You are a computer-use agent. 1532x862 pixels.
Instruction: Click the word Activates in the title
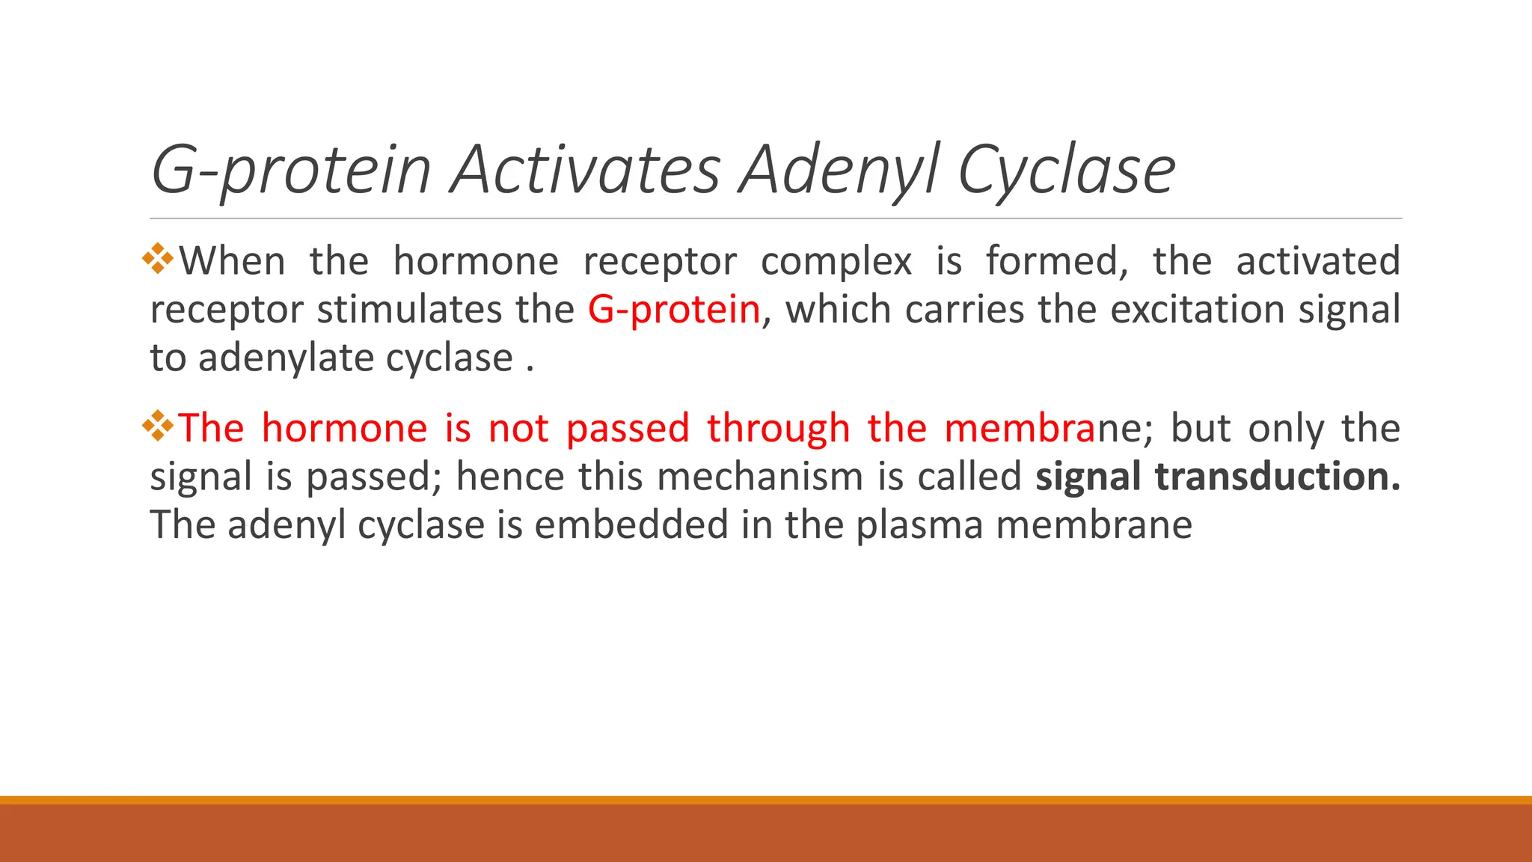pyautogui.click(x=585, y=170)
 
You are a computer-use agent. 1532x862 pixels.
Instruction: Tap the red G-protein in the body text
pyautogui.click(x=674, y=310)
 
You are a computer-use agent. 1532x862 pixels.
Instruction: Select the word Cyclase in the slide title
pyautogui.click(x=1067, y=170)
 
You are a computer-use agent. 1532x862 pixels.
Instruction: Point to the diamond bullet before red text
pyautogui.click(x=158, y=426)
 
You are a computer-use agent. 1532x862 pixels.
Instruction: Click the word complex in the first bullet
pyautogui.click(x=836, y=262)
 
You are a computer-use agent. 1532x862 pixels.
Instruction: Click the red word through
pyautogui.click(x=778, y=429)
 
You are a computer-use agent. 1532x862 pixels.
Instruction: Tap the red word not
pyautogui.click(x=518, y=429)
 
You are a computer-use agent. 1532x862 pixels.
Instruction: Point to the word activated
pyautogui.click(x=1317, y=262)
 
